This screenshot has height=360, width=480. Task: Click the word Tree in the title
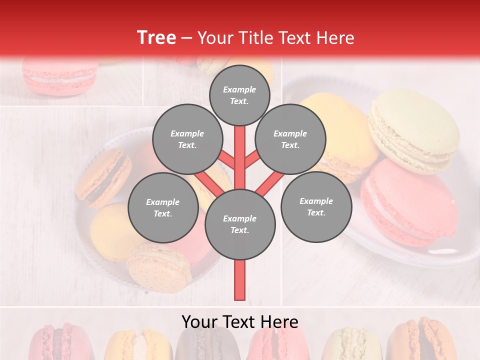[156, 38]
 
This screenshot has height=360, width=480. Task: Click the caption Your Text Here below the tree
[240, 322]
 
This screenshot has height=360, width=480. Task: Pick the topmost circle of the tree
[239, 95]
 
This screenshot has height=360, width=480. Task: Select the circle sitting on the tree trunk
[240, 224]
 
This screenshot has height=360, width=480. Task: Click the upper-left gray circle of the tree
[187, 139]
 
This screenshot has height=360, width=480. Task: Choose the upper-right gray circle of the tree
[290, 139]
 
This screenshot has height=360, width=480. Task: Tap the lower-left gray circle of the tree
[162, 207]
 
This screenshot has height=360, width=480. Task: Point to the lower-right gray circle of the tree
[316, 206]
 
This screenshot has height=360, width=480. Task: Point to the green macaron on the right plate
[415, 130]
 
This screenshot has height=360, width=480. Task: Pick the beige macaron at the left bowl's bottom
[158, 267]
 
